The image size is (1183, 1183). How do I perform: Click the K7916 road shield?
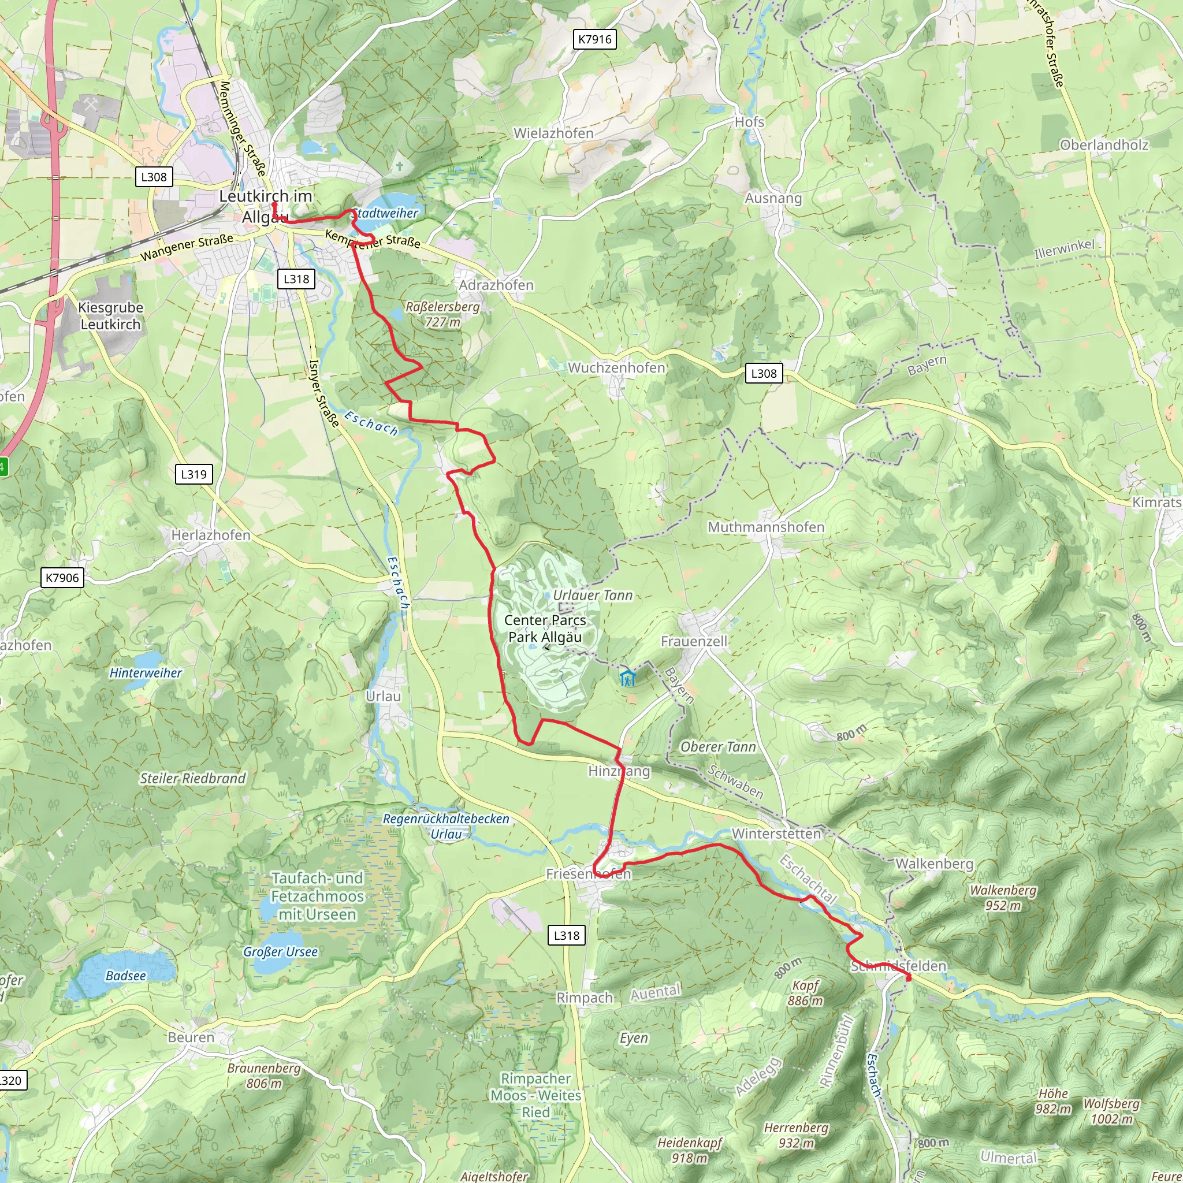(x=594, y=40)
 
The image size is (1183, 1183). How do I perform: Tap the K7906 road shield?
(x=62, y=578)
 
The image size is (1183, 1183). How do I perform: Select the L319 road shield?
(x=194, y=474)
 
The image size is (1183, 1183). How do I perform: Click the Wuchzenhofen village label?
(x=616, y=367)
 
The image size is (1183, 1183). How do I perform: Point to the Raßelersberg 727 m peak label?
(x=442, y=314)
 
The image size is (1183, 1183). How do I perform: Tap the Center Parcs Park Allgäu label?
(x=545, y=628)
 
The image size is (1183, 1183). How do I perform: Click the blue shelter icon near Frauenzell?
(x=627, y=679)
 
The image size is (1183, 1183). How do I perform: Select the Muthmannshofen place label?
(x=765, y=527)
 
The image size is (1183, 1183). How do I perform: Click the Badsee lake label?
(x=125, y=976)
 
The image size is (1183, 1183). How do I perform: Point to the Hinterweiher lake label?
(x=146, y=673)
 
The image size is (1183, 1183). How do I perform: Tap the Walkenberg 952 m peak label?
(x=1003, y=898)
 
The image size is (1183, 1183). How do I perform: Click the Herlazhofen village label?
(x=211, y=535)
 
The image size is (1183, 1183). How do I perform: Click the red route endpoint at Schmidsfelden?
(x=908, y=978)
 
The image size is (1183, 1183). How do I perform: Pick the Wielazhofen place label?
(x=553, y=133)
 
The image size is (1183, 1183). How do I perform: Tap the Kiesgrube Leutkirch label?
(x=111, y=316)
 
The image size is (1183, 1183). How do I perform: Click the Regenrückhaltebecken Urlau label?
(x=446, y=827)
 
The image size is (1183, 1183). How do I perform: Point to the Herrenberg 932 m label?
(x=796, y=1135)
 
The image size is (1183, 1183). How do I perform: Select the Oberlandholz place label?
(x=1104, y=145)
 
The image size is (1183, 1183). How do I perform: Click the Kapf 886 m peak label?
(x=805, y=993)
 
